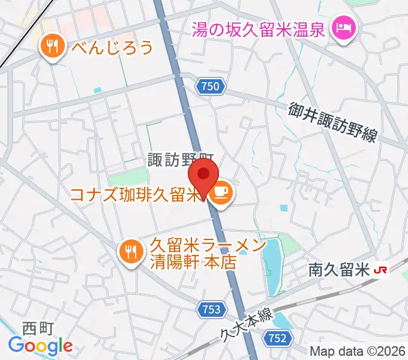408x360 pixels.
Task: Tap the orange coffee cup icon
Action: coord(220,193)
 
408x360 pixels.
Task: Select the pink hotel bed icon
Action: coord(344,28)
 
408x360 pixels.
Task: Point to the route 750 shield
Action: coord(211,87)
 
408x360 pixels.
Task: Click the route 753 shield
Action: coord(211,310)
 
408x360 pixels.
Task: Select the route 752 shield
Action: coord(277,338)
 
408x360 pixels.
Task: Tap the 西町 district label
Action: coord(38,328)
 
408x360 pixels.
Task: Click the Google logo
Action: coord(40,345)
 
